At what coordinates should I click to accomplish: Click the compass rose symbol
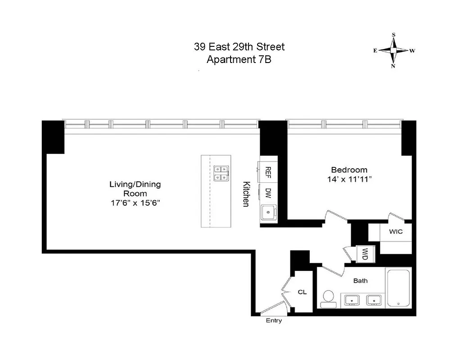tap(394, 50)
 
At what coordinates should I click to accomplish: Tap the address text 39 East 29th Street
tap(239, 47)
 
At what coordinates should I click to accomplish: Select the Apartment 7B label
tap(239, 59)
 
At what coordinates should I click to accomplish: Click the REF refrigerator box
tap(267, 171)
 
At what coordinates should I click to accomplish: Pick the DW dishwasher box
tap(267, 193)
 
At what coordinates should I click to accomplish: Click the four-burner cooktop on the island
tap(221, 173)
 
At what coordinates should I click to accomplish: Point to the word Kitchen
tap(246, 194)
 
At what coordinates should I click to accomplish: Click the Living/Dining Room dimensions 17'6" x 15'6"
tap(135, 203)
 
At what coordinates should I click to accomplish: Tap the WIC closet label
tap(395, 232)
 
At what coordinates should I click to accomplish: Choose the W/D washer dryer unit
tap(363, 254)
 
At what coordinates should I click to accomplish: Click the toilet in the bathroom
tap(329, 298)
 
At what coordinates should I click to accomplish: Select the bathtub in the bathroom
tap(398, 288)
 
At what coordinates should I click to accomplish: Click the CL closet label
tap(302, 292)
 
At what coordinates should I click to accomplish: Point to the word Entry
tap(274, 320)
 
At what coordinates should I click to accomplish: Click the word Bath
tap(360, 280)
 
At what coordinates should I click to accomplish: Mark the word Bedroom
tap(349, 170)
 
